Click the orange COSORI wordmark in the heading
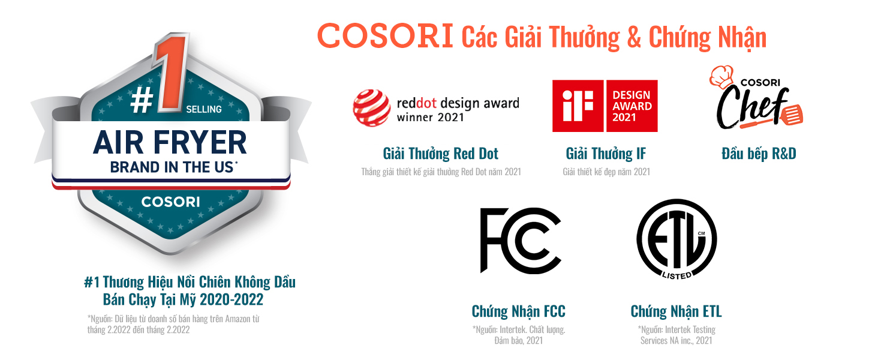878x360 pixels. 385,36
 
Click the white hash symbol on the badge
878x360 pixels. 141,100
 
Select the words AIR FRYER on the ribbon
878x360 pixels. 170,142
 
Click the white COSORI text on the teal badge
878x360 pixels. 170,202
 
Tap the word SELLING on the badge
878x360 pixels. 204,109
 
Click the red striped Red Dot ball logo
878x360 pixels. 371,108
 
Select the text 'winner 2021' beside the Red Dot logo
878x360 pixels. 431,117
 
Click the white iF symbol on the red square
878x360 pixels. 578,106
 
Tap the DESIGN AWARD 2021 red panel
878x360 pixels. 632,106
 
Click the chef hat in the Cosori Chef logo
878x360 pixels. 721,76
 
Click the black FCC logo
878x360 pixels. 521,240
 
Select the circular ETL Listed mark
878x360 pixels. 676,239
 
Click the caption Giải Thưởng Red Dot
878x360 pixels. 441,154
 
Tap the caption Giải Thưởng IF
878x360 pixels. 606,154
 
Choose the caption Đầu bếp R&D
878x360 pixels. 759,154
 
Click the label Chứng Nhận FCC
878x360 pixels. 519,311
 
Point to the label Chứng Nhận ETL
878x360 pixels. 676,311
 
